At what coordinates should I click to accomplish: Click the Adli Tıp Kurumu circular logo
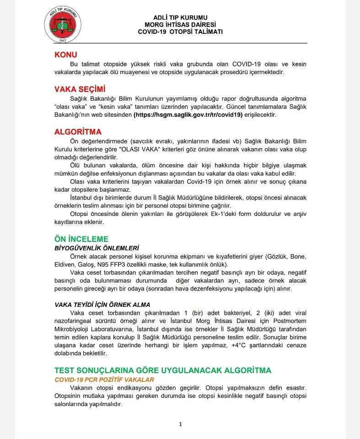point(65,25)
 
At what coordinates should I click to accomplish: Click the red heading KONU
point(66,55)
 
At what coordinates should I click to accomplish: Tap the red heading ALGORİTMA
point(78,132)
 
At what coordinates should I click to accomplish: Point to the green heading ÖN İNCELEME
point(81,239)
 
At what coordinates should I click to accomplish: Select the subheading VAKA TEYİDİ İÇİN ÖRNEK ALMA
point(102,304)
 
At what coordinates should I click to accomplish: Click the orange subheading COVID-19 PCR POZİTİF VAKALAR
point(104,379)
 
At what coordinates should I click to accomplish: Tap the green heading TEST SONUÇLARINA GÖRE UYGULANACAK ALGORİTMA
point(163,370)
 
